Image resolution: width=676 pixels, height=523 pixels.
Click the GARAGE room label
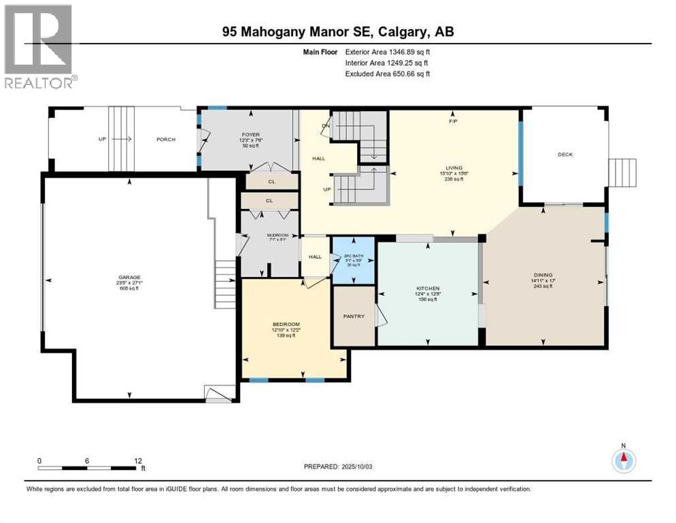[x=129, y=277]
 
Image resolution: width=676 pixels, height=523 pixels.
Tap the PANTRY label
[x=354, y=316]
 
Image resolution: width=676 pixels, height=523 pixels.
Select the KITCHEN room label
[x=428, y=289]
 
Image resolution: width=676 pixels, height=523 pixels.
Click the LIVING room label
[x=454, y=168]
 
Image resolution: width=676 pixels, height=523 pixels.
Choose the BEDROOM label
[x=286, y=324]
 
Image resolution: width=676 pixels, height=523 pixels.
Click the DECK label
[x=565, y=155]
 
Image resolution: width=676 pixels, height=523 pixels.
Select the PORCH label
[x=166, y=140]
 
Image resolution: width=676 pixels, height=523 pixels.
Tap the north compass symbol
[x=623, y=460]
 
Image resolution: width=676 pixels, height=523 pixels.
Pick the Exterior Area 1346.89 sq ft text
[x=388, y=51]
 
